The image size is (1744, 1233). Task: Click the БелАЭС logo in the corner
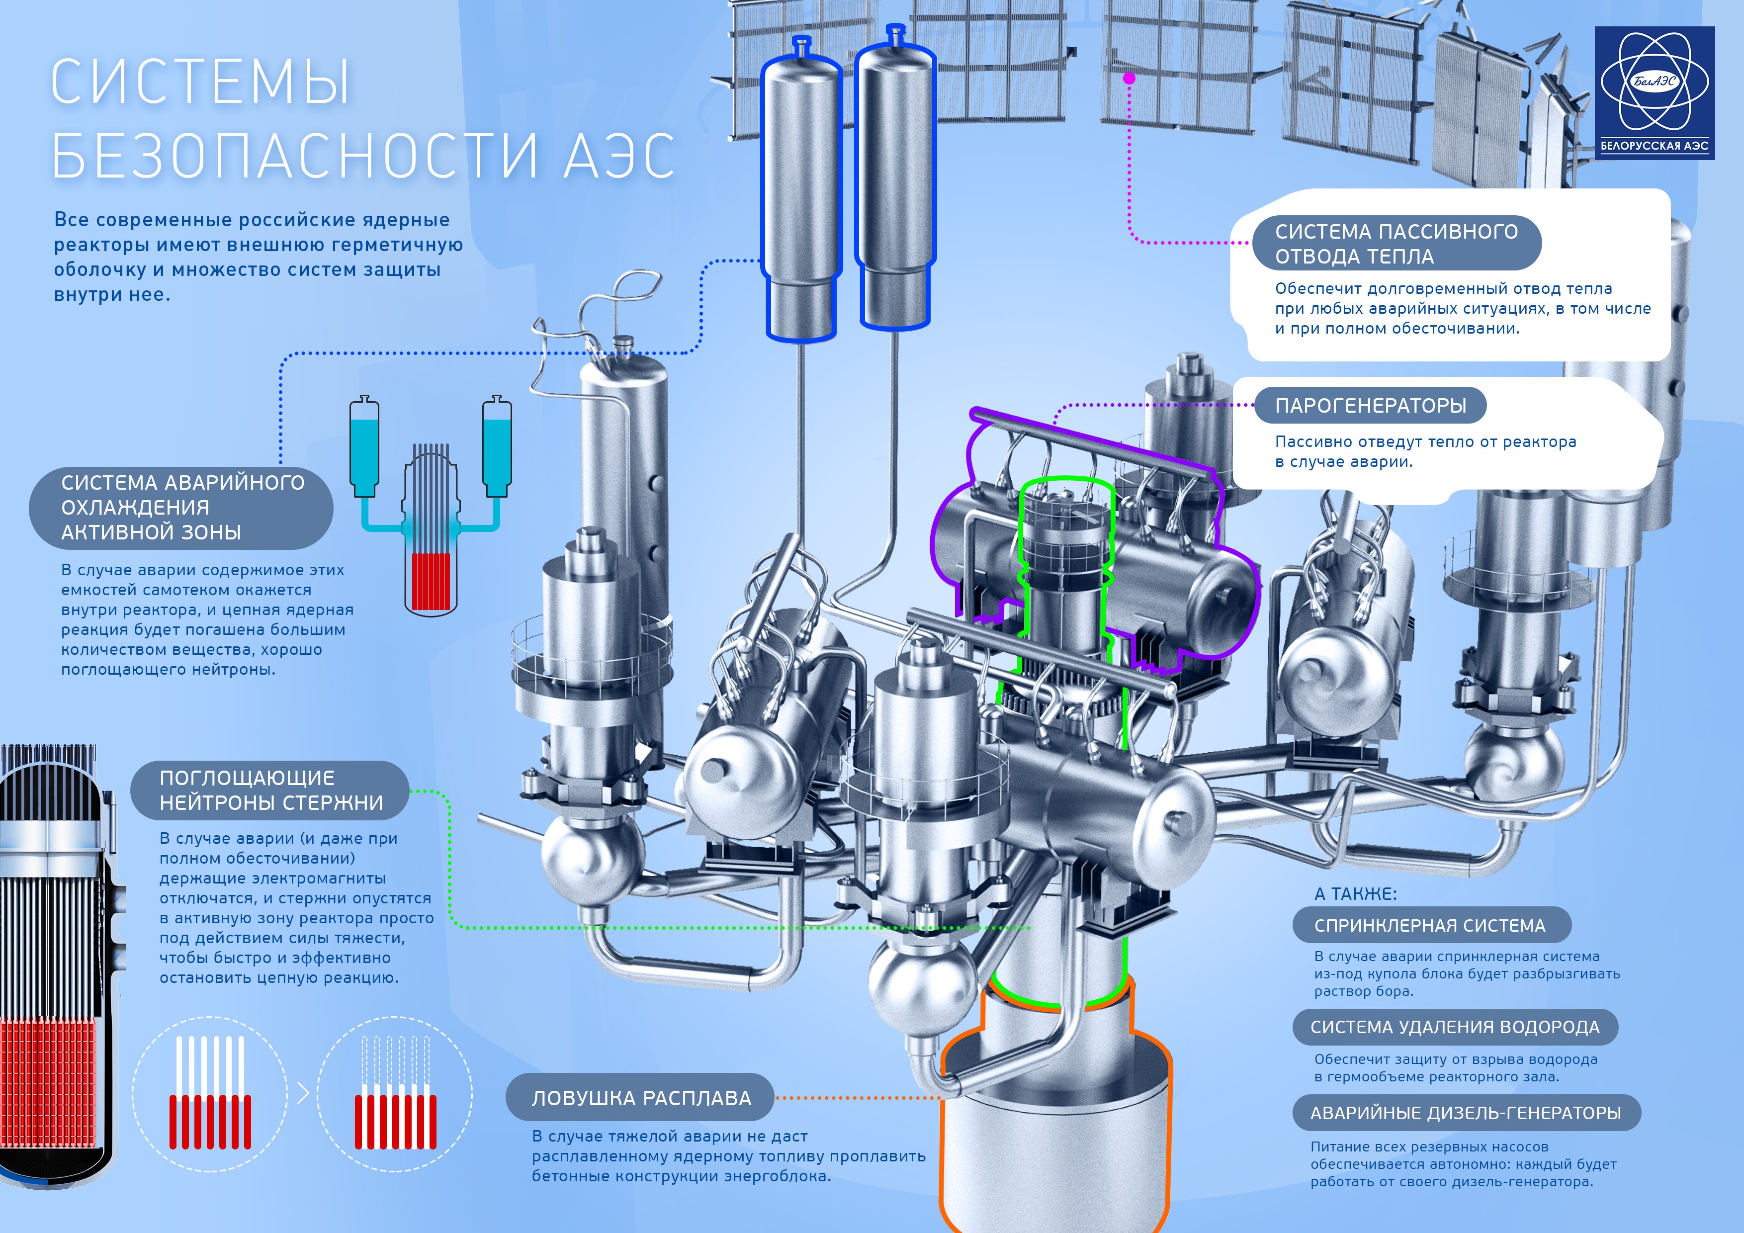(1655, 92)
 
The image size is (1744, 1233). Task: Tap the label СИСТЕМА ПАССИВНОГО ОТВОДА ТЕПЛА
(1396, 243)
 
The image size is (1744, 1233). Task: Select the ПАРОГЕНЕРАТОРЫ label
(1370, 405)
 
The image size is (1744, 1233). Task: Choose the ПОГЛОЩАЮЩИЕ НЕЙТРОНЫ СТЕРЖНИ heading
(270, 790)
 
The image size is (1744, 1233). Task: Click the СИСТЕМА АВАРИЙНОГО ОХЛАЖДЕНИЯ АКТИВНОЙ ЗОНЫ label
(181, 508)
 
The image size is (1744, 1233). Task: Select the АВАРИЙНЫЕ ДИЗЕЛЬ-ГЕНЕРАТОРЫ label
(1467, 1113)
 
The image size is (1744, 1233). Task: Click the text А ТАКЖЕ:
(1356, 894)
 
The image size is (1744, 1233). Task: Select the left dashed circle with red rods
(210, 1094)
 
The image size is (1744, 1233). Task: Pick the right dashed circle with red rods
(395, 1094)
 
